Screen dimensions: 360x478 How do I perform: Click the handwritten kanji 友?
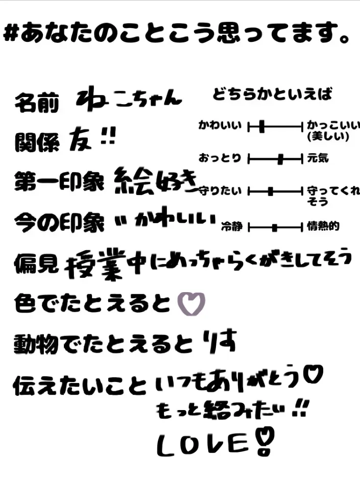(80, 138)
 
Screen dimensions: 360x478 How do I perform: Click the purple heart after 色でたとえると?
(190, 304)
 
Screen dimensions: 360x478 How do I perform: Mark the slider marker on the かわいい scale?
(261, 126)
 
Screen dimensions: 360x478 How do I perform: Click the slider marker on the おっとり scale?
(280, 159)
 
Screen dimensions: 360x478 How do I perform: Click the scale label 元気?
(318, 159)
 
